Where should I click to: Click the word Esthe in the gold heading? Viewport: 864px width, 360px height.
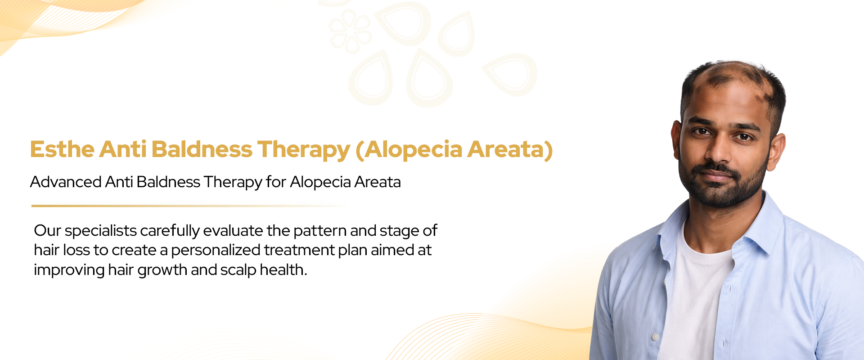(x=62, y=149)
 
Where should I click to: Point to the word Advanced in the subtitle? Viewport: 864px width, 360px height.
(x=66, y=182)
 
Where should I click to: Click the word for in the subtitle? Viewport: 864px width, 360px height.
(x=276, y=182)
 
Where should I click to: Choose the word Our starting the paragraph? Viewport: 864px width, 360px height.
(x=47, y=230)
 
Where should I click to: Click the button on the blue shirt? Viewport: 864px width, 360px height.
(x=655, y=337)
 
